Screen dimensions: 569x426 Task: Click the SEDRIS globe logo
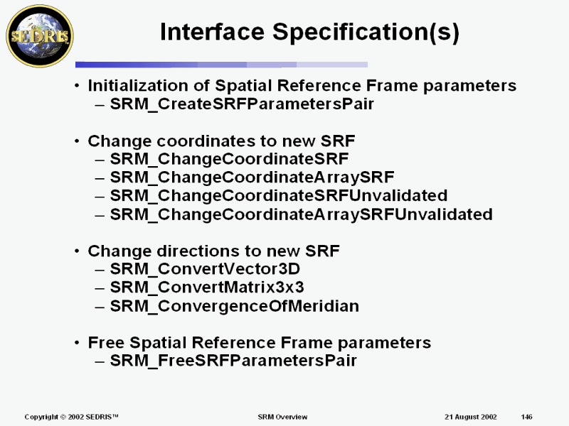pos(40,36)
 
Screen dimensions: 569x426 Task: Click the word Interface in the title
pos(212,31)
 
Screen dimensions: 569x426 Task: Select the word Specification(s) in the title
pos(366,33)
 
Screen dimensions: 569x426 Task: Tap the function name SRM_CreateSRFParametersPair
pos(242,104)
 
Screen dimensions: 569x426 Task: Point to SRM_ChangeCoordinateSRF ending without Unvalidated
pos(229,159)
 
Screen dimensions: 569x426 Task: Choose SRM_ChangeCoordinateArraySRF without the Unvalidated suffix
pos(252,177)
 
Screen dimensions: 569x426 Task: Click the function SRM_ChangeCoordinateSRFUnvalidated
pos(279,196)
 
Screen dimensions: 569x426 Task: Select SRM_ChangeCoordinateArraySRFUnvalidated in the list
pos(301,214)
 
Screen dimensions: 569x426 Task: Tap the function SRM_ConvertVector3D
pos(205,269)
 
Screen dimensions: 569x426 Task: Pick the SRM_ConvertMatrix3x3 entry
pos(207,288)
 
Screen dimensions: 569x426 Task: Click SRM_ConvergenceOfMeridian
pos(235,306)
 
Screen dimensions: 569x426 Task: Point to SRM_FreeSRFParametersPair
pos(233,361)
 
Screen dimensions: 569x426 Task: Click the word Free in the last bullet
pos(106,342)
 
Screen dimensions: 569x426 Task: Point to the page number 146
pos(526,417)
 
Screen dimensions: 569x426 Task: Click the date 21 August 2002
pos(471,417)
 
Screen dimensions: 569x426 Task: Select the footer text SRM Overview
pos(282,417)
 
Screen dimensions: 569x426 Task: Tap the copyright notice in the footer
pos(72,417)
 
